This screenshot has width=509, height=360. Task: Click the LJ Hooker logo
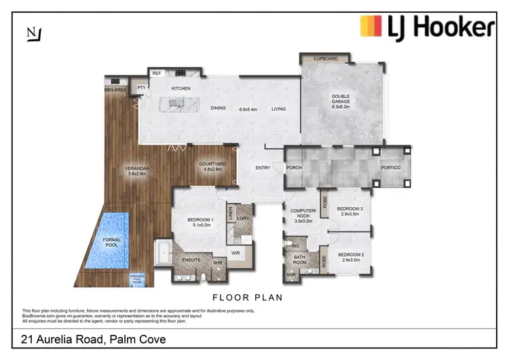point(427,28)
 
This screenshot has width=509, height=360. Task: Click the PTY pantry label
point(141,88)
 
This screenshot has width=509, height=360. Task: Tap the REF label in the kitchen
point(156,73)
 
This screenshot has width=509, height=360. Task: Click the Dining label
point(218,108)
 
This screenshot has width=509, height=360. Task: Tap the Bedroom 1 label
point(200,221)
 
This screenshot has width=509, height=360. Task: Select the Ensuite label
point(191,260)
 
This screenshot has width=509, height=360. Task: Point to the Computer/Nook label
point(301,214)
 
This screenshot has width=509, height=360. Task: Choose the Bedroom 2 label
point(350,257)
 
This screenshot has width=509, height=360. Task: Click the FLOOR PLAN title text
point(247,297)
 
